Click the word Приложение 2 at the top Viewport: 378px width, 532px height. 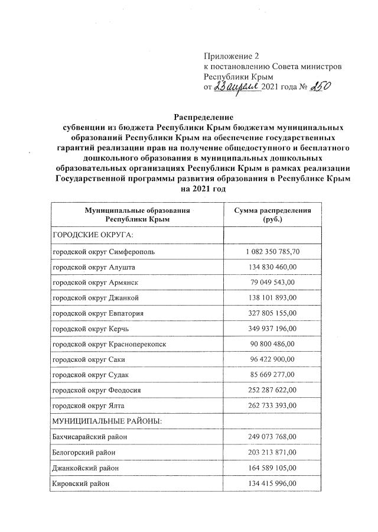[x=231, y=57]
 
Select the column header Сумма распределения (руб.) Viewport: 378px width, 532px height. [x=272, y=215]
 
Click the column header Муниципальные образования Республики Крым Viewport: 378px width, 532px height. [x=137, y=215]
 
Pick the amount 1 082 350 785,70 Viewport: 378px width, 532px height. [x=272, y=252]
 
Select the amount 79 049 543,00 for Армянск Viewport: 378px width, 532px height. [x=272, y=283]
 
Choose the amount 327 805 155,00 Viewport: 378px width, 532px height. [x=272, y=313]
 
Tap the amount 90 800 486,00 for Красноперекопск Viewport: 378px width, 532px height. [x=272, y=344]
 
